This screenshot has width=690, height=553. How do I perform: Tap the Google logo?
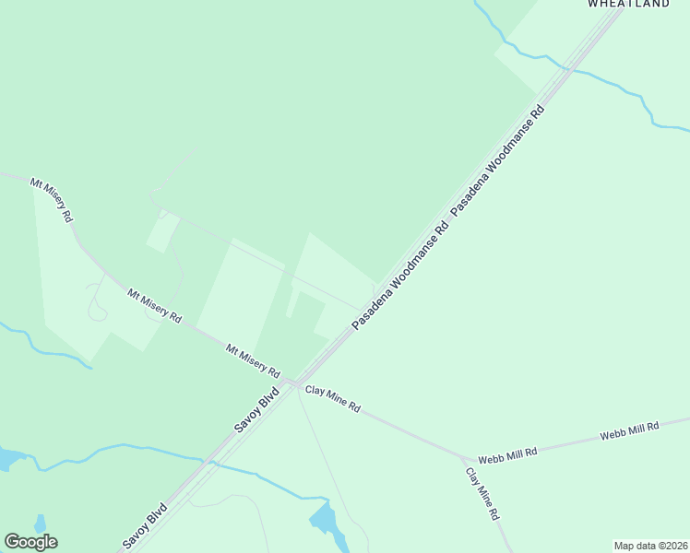[x=31, y=542]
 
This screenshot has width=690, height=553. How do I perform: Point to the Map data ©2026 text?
[x=651, y=546]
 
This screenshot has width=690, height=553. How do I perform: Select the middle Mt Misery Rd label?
[x=154, y=305]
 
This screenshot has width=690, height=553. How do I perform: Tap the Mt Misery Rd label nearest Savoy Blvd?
[x=253, y=360]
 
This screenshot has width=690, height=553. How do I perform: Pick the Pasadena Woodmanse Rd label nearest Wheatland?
[x=498, y=160]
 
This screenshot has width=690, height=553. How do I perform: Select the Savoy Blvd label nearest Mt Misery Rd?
[x=256, y=411]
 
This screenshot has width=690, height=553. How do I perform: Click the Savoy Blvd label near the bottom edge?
[x=146, y=526]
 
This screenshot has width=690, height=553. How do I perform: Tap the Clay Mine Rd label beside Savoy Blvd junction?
[x=332, y=399]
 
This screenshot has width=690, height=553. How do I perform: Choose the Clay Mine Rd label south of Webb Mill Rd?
[x=482, y=493]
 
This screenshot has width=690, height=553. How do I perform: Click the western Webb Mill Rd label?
[x=506, y=455]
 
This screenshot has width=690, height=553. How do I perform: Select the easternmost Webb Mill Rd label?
[x=629, y=430]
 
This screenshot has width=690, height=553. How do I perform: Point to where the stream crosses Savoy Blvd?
[x=209, y=463]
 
